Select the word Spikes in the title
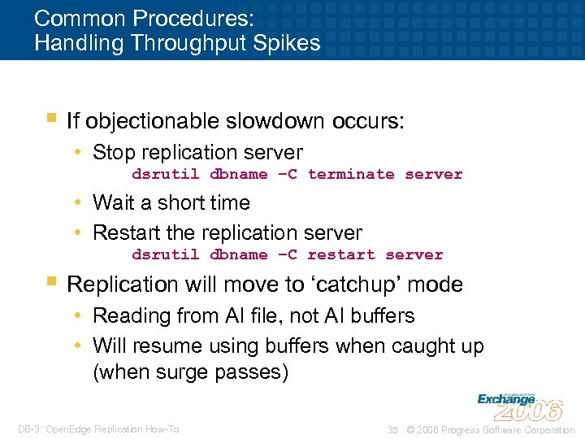[292, 42]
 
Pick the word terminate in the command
[351, 174]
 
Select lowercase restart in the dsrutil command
[341, 254]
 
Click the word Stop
[113, 152]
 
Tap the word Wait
[113, 202]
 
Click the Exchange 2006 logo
[519, 405]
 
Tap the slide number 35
[392, 429]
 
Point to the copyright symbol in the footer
[410, 429]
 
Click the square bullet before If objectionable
[52, 119]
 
